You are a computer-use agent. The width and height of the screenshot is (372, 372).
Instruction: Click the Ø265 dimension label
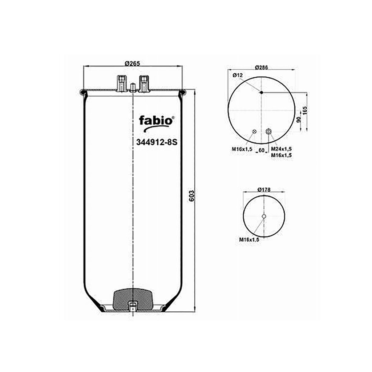click(132, 63)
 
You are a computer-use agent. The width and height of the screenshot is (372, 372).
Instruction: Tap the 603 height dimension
click(191, 195)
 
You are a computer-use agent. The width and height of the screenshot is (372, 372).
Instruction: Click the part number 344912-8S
click(157, 142)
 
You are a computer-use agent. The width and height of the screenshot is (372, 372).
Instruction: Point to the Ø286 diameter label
click(262, 67)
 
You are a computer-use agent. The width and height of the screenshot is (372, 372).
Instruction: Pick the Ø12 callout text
click(238, 75)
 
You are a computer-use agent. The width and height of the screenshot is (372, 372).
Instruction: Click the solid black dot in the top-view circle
click(261, 93)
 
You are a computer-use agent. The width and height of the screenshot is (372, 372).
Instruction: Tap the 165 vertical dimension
click(305, 111)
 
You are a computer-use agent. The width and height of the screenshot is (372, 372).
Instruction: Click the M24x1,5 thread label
click(281, 149)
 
